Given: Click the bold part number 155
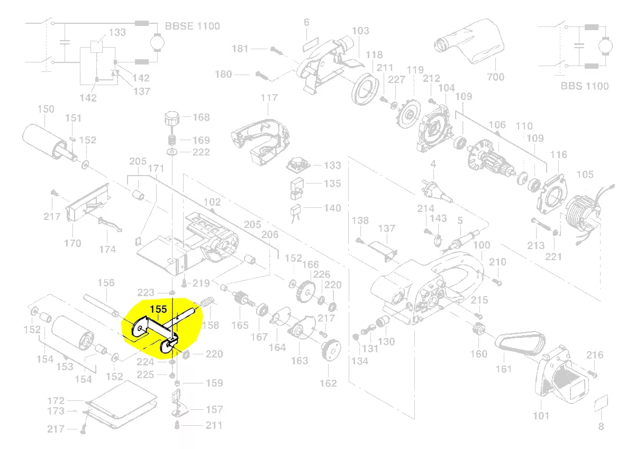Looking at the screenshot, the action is pos(158,309).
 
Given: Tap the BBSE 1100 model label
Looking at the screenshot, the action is pos(193,26).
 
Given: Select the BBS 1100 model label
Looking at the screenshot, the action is pos(585,86).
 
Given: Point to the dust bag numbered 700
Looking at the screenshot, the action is pos(469,41).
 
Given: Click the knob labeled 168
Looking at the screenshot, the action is pos(172,119).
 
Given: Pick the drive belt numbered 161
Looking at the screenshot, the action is pos(520,343).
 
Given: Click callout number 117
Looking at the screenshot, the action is pos(269,98).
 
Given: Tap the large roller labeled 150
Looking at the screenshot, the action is pos(46,142).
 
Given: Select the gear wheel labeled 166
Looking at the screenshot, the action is pos(306,291).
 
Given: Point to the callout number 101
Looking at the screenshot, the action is pos(541,416).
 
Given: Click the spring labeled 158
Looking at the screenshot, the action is pos(207,302).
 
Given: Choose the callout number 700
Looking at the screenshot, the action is pos(495,77).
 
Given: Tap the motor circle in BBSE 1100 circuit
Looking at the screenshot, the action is pos(157,42).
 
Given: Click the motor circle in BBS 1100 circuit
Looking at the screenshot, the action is pos(605,46).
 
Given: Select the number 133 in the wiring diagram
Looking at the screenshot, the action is pos(117,33).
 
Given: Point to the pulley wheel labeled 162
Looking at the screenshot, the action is pos(331,350).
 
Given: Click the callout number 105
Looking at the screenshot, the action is pos(585,175).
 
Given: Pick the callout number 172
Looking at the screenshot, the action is pos(56,400).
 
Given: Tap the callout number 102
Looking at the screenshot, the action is pos(212,202).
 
